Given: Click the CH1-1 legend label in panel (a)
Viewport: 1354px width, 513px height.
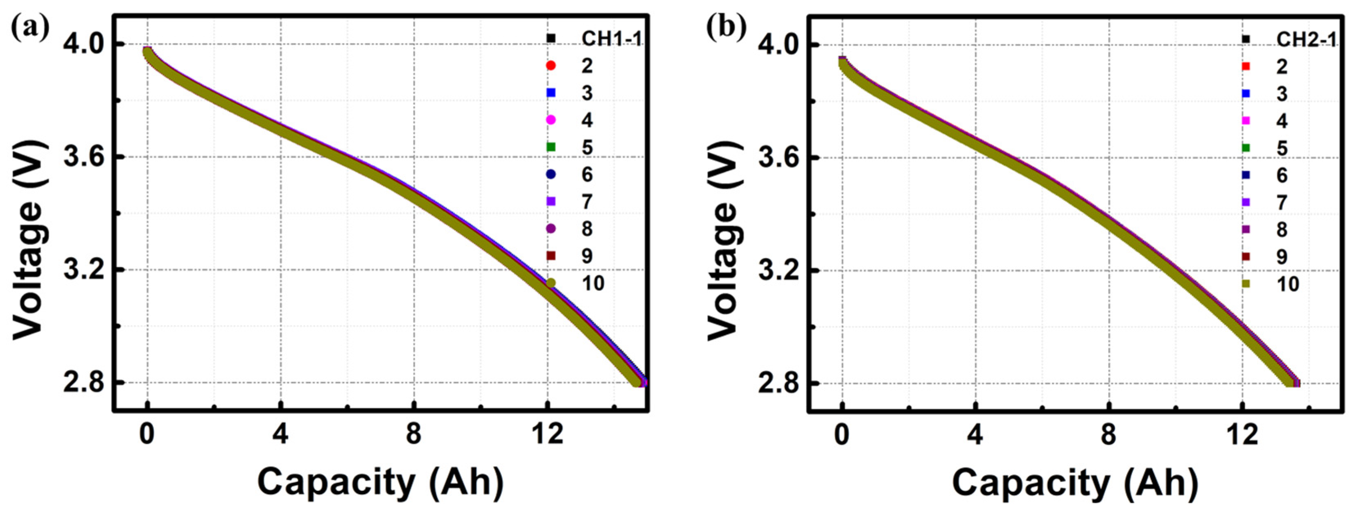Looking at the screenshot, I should click(x=612, y=39).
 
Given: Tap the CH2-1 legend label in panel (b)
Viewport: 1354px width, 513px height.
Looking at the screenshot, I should click(x=1306, y=39).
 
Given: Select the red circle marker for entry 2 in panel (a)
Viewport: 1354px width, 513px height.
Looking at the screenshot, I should click(x=551, y=66).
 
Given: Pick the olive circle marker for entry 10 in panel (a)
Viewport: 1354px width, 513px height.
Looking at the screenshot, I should click(x=551, y=283).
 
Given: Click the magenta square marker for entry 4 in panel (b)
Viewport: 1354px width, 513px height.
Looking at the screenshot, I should click(x=1245, y=121).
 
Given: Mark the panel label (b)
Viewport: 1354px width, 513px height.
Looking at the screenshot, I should click(x=725, y=27).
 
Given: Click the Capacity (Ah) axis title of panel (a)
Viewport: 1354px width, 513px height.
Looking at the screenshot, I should click(x=381, y=482).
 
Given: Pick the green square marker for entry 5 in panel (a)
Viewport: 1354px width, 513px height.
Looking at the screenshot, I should click(x=551, y=147).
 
